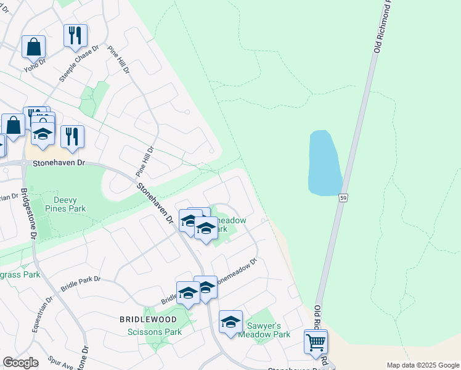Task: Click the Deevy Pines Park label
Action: tap(69, 204)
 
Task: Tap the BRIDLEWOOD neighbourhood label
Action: tap(148, 319)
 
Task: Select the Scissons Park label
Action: tap(154, 332)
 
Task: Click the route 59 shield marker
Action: tap(343, 197)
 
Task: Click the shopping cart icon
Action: tap(316, 341)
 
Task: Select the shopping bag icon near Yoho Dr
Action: tap(34, 46)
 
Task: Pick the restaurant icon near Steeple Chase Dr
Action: tap(75, 35)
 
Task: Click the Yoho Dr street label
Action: tap(35, 65)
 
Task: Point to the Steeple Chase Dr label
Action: tap(79, 64)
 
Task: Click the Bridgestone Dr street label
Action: tap(28, 213)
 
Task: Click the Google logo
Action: tap(20, 363)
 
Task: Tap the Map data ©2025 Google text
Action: tap(422, 365)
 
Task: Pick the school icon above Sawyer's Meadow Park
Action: tap(230, 322)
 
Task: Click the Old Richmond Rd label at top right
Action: tap(381, 28)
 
